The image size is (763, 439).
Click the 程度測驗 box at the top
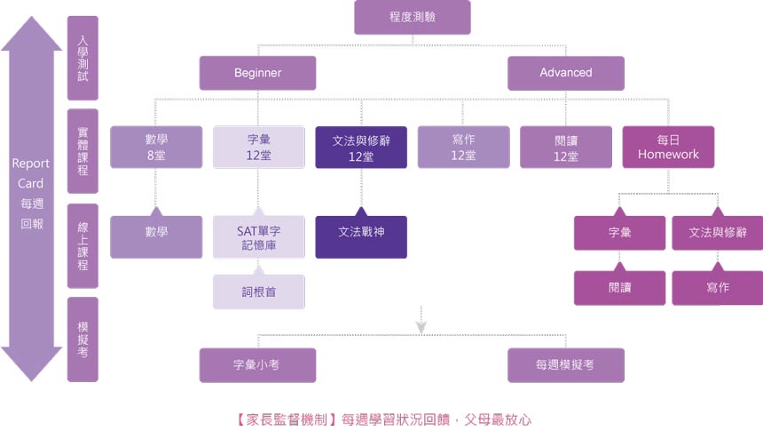coord(412,17)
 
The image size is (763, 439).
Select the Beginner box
coord(257,73)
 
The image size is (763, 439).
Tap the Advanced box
coord(565,73)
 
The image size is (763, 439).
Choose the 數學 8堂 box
coord(156,147)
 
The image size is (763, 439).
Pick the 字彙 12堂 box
coord(258,147)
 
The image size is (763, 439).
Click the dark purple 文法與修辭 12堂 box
coord(361,147)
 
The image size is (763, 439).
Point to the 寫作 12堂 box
coord(463,147)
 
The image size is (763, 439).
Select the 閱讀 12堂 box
coord(565,147)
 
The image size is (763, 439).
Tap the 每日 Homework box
coord(668,147)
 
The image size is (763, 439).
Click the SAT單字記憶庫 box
coord(258,237)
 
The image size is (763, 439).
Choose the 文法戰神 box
coord(361,232)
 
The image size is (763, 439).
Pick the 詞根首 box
coord(258,292)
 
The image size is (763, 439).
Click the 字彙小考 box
coord(257,364)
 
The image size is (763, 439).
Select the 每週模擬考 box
coord(565,364)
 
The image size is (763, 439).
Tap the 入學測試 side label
coord(83,58)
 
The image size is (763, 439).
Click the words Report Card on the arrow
coord(31,173)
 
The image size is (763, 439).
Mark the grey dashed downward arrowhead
coord(421,326)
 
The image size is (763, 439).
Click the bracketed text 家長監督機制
coord(287,418)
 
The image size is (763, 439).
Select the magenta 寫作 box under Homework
coord(717,288)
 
